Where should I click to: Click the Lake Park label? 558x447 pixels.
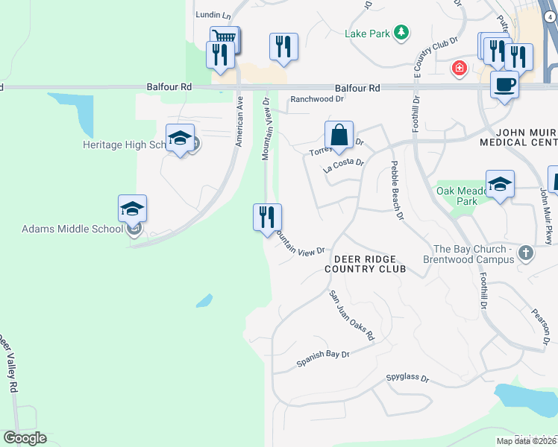pyautogui.click(x=367, y=34)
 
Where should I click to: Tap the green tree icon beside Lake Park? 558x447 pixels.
pyautogui.click(x=402, y=32)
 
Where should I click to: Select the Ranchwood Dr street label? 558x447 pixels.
pyautogui.click(x=317, y=98)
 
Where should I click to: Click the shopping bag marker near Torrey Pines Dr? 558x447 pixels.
pyautogui.click(x=339, y=135)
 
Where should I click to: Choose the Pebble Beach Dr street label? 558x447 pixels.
pyautogui.click(x=396, y=191)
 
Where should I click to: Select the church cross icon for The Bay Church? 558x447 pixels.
pyautogui.click(x=525, y=253)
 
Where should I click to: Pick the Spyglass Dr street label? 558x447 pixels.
pyautogui.click(x=408, y=378)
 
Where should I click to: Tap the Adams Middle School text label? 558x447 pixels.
pyautogui.click(x=72, y=229)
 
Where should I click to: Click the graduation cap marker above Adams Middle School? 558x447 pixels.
pyautogui.click(x=132, y=209)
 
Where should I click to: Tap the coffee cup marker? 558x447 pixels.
pyautogui.click(x=504, y=84)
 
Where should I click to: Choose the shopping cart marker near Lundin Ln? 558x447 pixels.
pyautogui.click(x=225, y=38)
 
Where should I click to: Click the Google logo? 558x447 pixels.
pyautogui.click(x=25, y=438)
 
